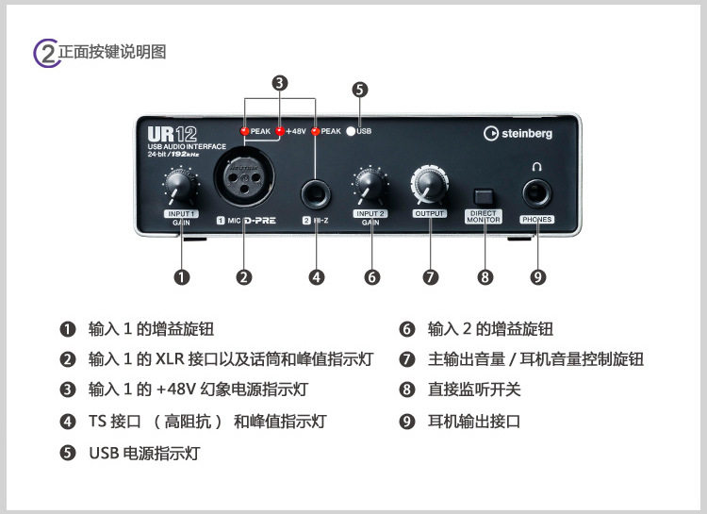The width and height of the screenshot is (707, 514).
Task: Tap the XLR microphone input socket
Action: coord(244,176)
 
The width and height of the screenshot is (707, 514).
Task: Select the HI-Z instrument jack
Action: coord(316,195)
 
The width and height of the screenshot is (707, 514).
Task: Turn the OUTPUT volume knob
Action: coord(429,185)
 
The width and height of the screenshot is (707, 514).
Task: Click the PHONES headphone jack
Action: coord(536,194)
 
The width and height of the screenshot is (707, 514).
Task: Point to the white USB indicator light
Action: coord(351,131)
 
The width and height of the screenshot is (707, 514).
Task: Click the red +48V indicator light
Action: coord(280,131)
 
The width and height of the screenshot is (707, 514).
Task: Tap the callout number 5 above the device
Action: coord(360,90)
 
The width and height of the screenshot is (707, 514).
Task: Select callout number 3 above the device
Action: coord(280,83)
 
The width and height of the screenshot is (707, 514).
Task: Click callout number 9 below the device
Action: coord(537,277)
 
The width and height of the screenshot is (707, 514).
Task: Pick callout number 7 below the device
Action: coord(430,277)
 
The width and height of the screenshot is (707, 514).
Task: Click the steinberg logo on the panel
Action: coord(518,133)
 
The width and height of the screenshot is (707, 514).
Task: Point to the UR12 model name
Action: coord(173,134)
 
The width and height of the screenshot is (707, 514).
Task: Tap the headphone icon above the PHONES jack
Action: coord(536,167)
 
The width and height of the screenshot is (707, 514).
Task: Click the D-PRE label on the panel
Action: coord(260,221)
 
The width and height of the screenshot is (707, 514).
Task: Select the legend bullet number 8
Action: coord(406,389)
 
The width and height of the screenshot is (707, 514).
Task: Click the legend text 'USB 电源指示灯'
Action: coord(144,453)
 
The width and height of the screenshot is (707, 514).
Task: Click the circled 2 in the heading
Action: coord(46,53)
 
